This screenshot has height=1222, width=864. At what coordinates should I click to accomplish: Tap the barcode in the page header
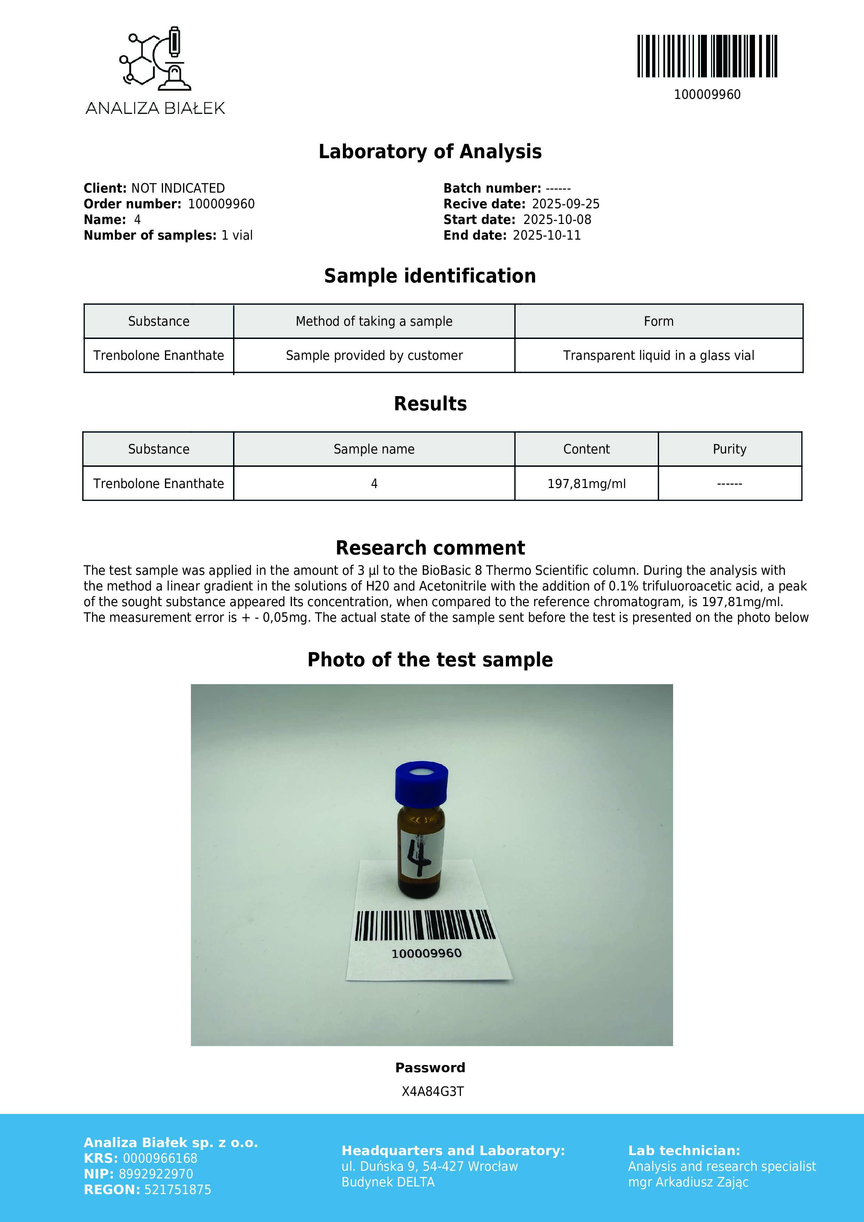[x=707, y=56]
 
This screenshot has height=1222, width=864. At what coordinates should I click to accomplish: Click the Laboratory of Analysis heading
[x=430, y=152]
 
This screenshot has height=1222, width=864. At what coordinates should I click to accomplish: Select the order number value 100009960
[x=221, y=204]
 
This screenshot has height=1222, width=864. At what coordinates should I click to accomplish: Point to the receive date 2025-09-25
[x=565, y=204]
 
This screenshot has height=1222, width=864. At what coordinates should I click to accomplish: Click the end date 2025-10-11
[x=547, y=235]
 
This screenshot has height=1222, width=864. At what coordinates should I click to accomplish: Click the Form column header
[x=658, y=322]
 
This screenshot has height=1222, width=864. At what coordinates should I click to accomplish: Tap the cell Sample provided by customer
[x=374, y=356]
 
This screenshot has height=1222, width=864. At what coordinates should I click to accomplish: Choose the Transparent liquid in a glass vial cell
[x=658, y=356]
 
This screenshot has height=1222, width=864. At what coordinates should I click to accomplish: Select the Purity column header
[x=729, y=449]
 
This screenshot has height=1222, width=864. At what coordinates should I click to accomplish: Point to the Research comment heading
[x=430, y=548]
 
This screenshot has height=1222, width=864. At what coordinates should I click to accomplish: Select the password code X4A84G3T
[x=432, y=1092]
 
